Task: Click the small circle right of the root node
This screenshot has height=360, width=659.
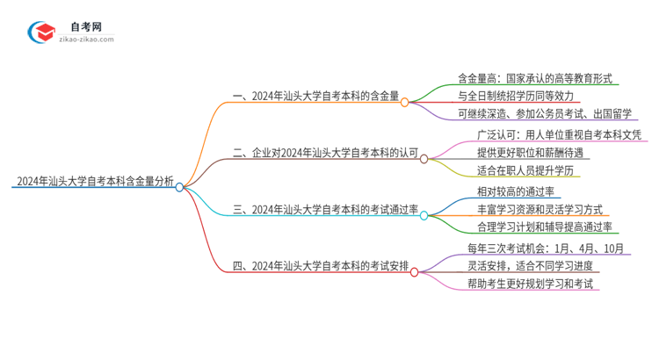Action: pyautogui.click(x=180, y=186)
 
